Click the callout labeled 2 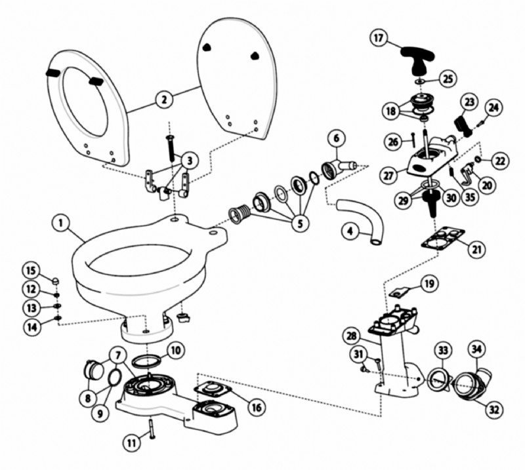coord(163,100)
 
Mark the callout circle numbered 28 coord(355,336)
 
